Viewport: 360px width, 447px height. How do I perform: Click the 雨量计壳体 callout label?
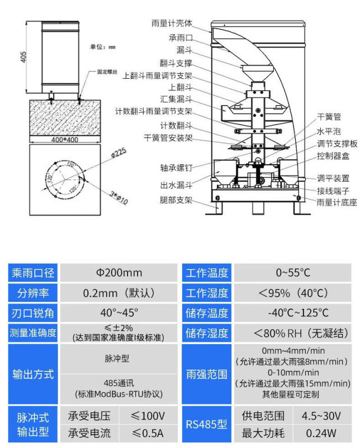pos(172,23)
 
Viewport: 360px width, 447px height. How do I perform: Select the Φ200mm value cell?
pos(119,273)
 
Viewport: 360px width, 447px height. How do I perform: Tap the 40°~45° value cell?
pos(119,312)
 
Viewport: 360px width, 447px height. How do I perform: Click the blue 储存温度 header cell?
pos(207,313)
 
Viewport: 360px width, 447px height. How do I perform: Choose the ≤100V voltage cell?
pos(148,416)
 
